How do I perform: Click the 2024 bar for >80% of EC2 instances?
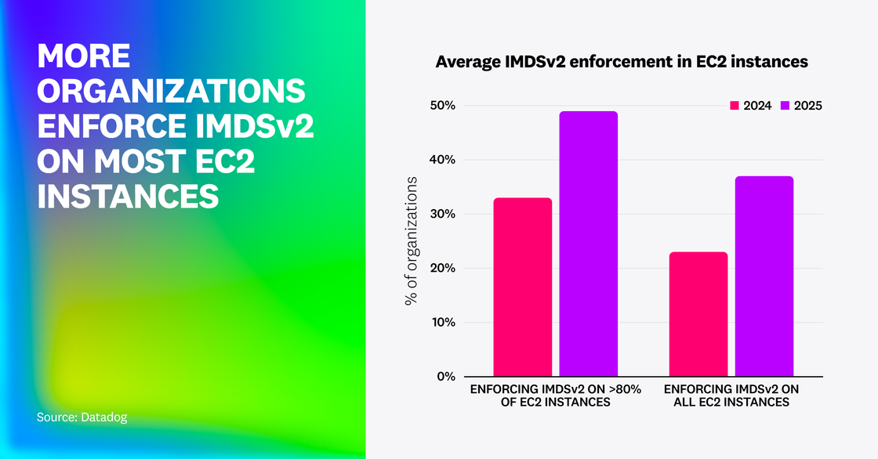(522, 287)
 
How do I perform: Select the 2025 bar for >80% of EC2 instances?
(588, 244)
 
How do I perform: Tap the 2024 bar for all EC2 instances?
(698, 314)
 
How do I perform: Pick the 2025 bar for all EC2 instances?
(764, 276)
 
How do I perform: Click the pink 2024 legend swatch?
(735, 106)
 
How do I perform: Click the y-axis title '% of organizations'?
(412, 240)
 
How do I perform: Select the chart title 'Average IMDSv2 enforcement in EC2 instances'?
(621, 61)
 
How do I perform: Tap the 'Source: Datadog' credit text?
(82, 417)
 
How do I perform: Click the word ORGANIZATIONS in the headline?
(172, 91)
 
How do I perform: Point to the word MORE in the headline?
(83, 56)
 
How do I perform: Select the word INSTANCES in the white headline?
(128, 196)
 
